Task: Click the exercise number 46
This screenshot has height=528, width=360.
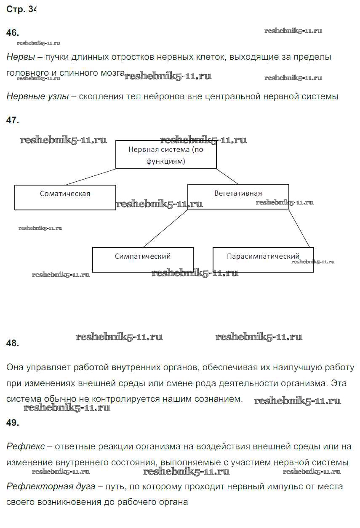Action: click(x=13, y=33)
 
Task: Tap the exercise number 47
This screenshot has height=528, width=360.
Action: click(x=13, y=120)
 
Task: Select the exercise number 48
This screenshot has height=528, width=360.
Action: click(x=13, y=343)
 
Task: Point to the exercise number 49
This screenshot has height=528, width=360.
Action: click(x=13, y=423)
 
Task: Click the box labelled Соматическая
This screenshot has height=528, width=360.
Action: click(x=65, y=197)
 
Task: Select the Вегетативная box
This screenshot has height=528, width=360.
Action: click(x=238, y=196)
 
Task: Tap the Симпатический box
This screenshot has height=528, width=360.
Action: click(x=143, y=260)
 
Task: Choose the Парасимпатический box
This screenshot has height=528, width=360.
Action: click(x=263, y=260)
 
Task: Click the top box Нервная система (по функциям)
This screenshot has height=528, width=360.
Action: click(x=166, y=155)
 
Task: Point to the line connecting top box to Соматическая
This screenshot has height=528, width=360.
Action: click(x=91, y=177)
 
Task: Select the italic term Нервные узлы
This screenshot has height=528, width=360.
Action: click(x=37, y=96)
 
